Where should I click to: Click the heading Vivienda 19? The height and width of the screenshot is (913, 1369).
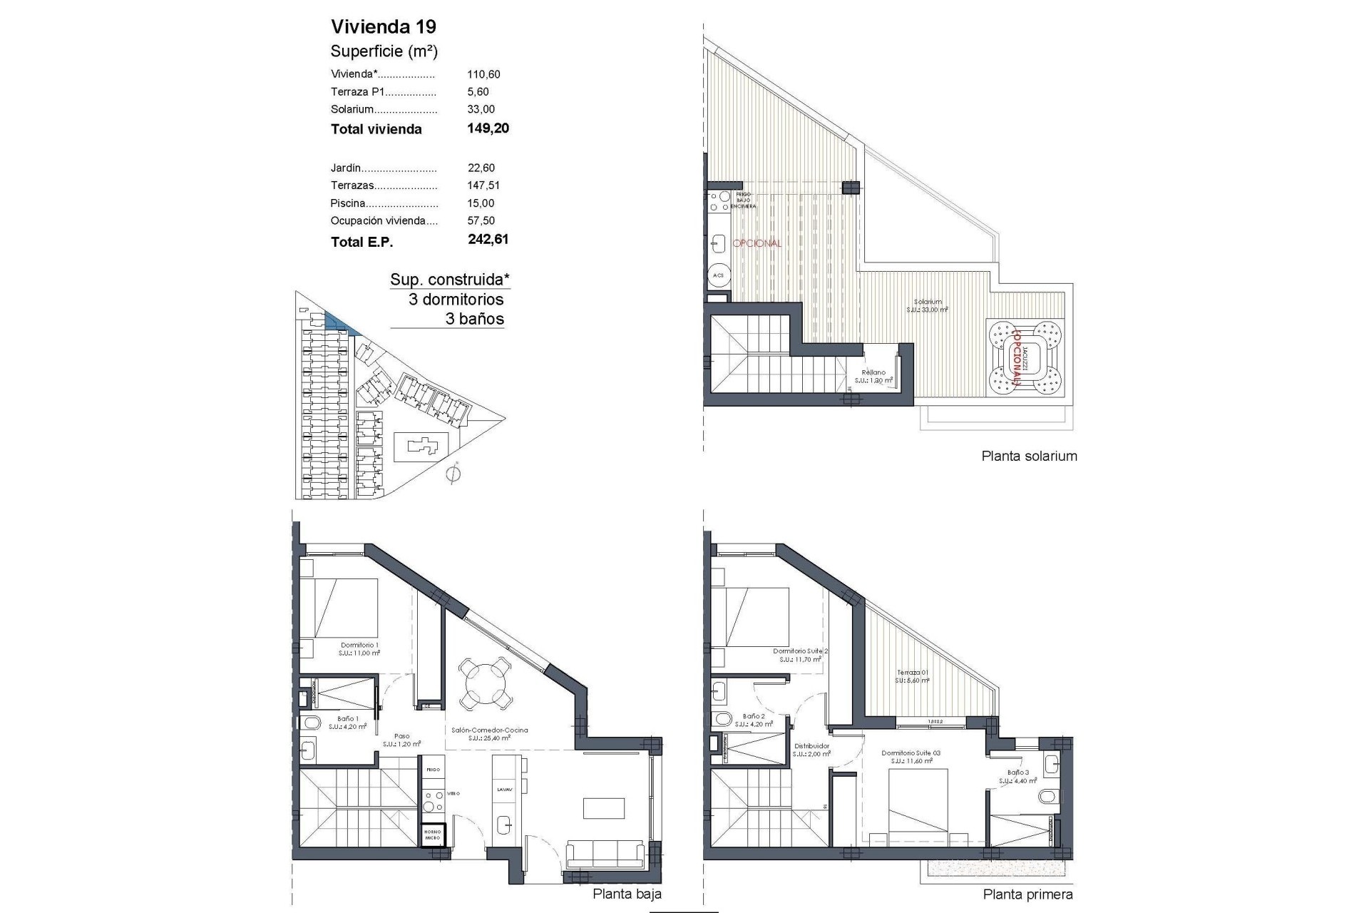(x=384, y=27)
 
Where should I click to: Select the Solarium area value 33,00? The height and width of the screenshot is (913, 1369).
(x=481, y=109)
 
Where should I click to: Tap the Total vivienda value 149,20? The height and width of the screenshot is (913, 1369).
(x=488, y=128)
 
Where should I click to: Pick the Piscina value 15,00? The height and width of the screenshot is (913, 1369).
(x=481, y=203)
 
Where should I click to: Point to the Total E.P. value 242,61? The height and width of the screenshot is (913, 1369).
(x=488, y=240)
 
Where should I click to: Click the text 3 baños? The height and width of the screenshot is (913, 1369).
(x=474, y=318)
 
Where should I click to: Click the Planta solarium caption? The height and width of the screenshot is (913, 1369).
(x=1029, y=456)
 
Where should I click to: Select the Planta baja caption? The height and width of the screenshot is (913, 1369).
(x=627, y=894)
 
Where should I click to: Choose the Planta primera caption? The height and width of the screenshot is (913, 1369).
(x=1027, y=894)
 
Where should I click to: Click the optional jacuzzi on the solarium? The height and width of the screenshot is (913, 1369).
(x=1025, y=357)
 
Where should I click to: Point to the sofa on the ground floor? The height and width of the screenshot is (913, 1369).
(x=605, y=855)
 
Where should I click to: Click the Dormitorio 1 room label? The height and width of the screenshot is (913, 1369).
(x=359, y=645)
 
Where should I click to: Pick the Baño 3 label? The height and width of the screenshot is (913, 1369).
(x=1017, y=772)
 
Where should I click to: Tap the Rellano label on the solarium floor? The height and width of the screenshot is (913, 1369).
(x=873, y=372)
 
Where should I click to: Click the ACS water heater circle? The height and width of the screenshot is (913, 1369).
(x=718, y=275)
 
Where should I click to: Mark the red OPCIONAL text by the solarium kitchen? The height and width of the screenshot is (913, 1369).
(x=757, y=243)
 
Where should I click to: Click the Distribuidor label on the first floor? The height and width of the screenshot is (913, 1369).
(x=812, y=746)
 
